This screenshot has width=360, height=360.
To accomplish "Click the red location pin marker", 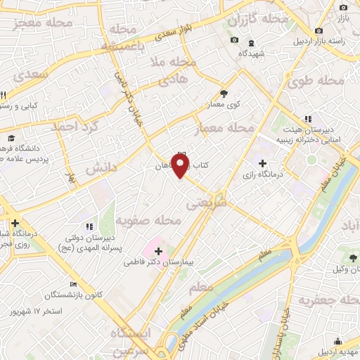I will click(x=181, y=166).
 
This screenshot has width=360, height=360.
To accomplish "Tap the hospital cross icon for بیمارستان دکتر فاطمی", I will click(x=158, y=251).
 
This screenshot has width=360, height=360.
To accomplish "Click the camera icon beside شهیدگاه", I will click(x=234, y=39).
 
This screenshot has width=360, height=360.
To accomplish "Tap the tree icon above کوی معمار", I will click(x=224, y=93).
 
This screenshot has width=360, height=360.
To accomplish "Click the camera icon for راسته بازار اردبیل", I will click(x=319, y=31).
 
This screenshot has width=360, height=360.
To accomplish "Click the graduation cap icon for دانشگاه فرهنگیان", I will click(x=11, y=138).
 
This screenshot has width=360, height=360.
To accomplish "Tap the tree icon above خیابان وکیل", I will click(x=353, y=258).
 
